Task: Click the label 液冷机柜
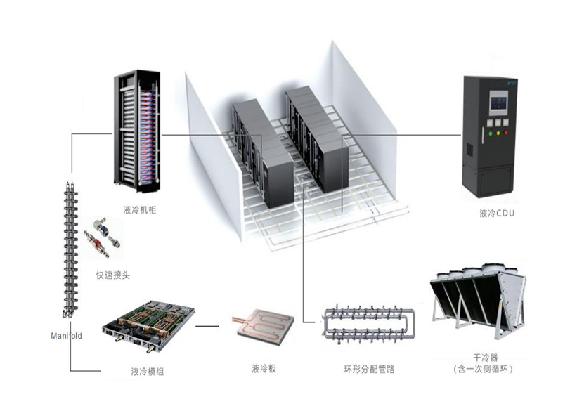tap(138, 209)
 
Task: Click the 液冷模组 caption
tap(147, 370)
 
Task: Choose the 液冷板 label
tap(264, 368)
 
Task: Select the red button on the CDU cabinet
tap(506, 122)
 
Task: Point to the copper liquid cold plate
tap(261, 327)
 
